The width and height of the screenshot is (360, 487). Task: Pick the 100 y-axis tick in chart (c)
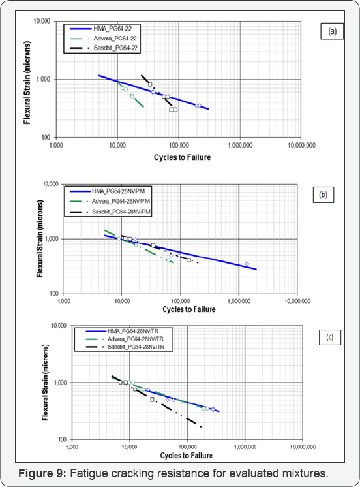coord(59,440)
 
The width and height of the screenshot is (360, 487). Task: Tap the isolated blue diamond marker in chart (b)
coord(247,264)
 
